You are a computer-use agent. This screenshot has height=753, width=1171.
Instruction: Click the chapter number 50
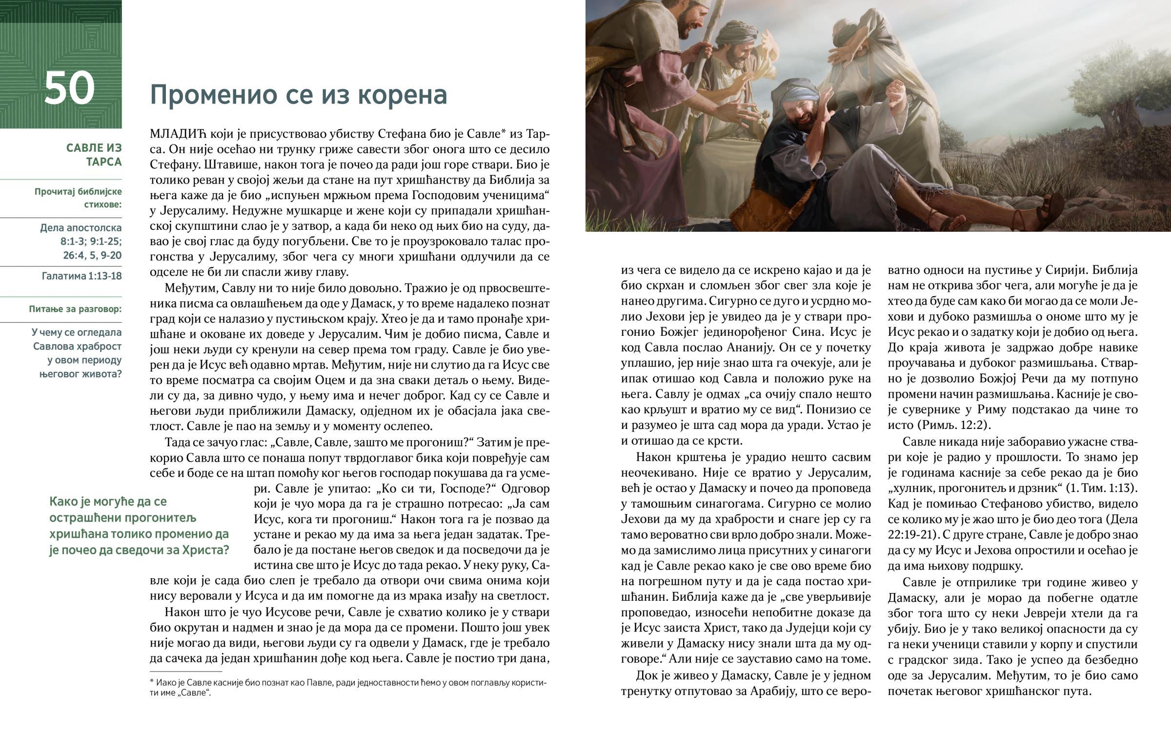69,88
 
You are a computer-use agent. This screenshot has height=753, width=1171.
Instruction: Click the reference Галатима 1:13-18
81,276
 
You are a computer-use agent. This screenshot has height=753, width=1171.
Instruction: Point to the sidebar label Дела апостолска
81,227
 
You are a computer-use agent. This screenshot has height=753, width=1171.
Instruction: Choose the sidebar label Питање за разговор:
75,309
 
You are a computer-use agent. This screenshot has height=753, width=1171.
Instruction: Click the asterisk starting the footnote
152,681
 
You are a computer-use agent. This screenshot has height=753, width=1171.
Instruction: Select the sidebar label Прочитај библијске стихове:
78,198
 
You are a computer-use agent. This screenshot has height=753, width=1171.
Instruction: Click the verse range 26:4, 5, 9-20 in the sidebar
92,255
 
